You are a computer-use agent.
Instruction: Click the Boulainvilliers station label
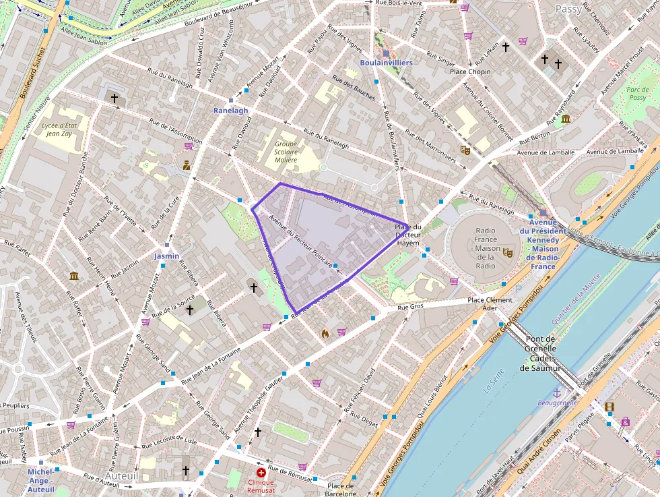(x=386, y=63)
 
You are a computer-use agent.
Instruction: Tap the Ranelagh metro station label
(x=231, y=111)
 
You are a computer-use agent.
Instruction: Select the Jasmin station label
(x=166, y=256)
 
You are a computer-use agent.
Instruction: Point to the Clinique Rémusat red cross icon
(x=261, y=473)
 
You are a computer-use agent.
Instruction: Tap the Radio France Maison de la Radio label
(x=485, y=247)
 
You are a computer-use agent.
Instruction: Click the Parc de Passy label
(x=636, y=94)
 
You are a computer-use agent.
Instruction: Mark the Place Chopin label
(x=470, y=71)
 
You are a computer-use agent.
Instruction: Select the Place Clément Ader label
(x=490, y=304)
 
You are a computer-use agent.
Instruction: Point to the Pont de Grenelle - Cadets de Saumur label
(x=543, y=353)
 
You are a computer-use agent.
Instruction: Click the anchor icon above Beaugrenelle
(x=557, y=392)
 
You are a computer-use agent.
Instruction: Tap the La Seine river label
(x=494, y=385)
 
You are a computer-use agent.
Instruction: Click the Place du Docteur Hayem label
(x=408, y=235)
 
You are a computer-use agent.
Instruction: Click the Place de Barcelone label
(x=340, y=490)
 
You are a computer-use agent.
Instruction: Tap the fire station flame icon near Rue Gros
(x=325, y=333)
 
